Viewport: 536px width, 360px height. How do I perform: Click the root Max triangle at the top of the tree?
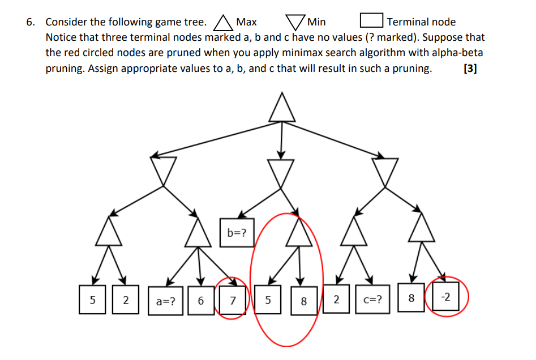pyautogui.click(x=281, y=109)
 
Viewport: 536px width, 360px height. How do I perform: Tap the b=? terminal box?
pyautogui.click(x=237, y=233)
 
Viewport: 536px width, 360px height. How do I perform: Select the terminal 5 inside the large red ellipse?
pyautogui.click(x=268, y=300)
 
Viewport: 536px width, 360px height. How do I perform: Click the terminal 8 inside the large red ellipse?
pyautogui.click(x=303, y=301)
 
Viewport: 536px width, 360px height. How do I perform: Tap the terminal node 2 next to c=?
pyautogui.click(x=336, y=299)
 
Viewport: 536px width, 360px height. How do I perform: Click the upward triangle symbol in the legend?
pyautogui.click(x=223, y=23)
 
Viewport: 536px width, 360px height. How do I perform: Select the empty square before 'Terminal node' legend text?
pyautogui.click(x=371, y=22)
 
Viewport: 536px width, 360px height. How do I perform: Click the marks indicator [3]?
pyautogui.click(x=469, y=69)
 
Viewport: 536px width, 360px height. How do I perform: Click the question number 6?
pyautogui.click(x=31, y=22)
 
